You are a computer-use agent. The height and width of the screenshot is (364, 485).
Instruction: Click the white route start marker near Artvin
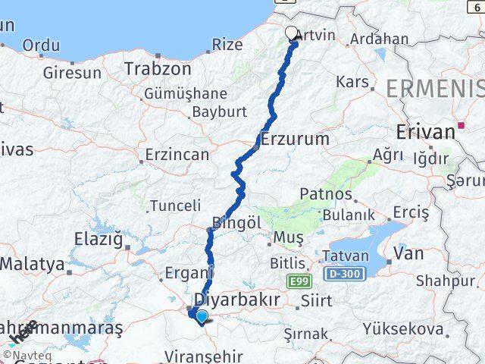coord(292,33)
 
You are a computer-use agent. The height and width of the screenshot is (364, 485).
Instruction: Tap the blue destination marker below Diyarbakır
coord(202,316)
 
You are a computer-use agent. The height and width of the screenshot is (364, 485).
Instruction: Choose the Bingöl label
coord(236,224)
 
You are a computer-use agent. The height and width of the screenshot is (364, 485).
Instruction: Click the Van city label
coord(409,254)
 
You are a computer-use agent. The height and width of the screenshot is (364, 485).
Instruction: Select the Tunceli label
coord(175,206)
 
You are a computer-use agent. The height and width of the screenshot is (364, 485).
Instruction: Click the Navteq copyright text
coord(27,354)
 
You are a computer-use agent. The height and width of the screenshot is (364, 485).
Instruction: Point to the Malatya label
coord(33,265)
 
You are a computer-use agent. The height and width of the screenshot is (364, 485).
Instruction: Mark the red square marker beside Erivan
coord(461,125)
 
